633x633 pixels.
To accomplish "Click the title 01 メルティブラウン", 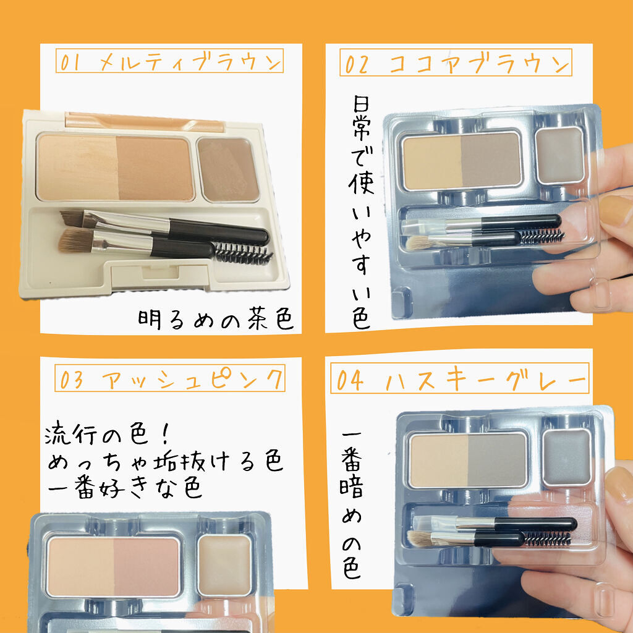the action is coord(169,61).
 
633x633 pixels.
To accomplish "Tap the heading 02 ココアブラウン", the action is coord(456,62).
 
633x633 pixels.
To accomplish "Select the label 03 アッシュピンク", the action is coord(170,378).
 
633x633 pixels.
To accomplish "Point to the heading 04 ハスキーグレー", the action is coord(460,378).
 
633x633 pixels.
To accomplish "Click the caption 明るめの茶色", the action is coord(215,319).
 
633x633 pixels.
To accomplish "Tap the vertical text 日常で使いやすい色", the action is coord(360,212).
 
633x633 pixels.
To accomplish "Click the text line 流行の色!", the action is coord(108,433).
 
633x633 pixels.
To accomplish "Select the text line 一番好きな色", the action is coord(124,488).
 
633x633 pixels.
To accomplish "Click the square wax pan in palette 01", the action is coord(228,169).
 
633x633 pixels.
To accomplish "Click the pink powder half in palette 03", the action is coord(146,567).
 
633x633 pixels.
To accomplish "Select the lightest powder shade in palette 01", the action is coord(77,168).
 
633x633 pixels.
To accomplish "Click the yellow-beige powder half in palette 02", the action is coord(432,162).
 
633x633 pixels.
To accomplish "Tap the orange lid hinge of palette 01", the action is coord(144,122).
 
